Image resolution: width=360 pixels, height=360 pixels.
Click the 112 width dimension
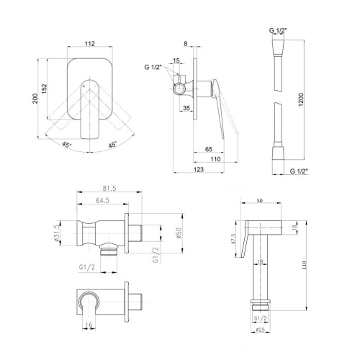(90, 43)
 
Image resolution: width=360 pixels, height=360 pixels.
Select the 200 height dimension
(35, 99)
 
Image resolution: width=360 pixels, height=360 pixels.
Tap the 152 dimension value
(45, 89)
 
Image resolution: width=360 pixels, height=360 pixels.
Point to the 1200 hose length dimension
(301, 99)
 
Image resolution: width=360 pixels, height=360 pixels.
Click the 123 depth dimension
(199, 169)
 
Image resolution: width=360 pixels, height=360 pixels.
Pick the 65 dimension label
(209, 149)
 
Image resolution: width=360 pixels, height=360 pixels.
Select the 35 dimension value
(186, 108)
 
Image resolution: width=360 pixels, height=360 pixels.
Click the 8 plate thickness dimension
(186, 44)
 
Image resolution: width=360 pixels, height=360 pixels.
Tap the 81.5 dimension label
(109, 189)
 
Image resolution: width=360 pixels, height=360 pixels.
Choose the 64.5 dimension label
(102, 200)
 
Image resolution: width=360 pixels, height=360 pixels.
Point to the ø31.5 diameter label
(57, 233)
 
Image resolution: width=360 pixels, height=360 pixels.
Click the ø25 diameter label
(261, 330)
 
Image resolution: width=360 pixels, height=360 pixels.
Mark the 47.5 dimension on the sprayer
(233, 239)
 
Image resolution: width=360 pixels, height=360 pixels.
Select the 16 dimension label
(89, 325)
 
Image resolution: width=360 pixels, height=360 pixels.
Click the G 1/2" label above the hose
(278, 30)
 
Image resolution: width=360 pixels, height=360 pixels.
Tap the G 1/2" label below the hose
(299, 171)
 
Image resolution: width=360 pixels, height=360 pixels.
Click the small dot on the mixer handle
(84, 86)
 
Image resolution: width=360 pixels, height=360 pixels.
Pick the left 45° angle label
(66, 145)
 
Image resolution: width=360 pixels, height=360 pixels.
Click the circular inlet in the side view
(179, 89)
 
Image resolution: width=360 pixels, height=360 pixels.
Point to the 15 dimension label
(176, 60)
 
